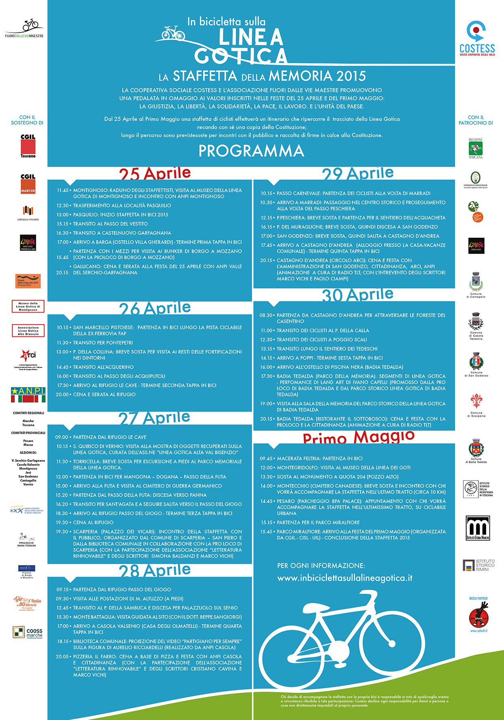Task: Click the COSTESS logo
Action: (x=477, y=39)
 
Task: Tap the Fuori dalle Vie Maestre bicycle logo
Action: (x=25, y=28)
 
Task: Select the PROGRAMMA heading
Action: (x=251, y=151)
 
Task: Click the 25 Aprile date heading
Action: (x=155, y=173)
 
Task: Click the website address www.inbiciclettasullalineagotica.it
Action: (x=345, y=578)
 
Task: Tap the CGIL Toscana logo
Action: (x=28, y=145)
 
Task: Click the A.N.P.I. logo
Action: (x=28, y=394)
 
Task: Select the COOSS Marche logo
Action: (x=28, y=632)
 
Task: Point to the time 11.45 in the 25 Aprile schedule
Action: (x=63, y=190)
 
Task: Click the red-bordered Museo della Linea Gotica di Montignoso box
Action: (x=28, y=306)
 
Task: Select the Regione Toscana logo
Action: (x=476, y=148)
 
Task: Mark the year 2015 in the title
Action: (x=351, y=76)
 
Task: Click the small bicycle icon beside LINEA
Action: (x=174, y=33)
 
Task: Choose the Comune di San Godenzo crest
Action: (x=476, y=364)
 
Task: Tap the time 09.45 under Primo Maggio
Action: (x=266, y=458)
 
